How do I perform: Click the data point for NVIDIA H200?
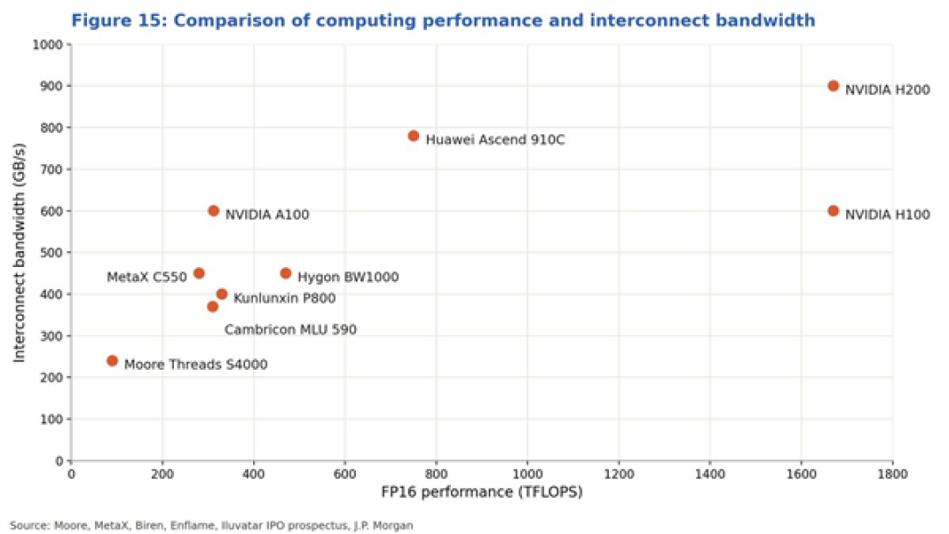833,86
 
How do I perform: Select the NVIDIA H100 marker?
833,211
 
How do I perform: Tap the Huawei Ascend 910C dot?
413,136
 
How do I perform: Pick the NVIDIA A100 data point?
213,211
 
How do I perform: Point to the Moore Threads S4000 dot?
112,361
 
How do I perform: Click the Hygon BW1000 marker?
286,273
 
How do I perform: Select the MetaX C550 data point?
199,273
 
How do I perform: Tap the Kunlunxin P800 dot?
221,294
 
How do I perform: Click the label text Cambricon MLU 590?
291,329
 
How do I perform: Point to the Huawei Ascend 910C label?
495,140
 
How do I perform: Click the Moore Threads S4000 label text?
195,364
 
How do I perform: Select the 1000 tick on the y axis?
47,45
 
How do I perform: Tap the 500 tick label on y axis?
52,253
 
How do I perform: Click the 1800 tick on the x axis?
892,474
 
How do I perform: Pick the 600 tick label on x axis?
345,474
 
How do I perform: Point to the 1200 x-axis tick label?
619,474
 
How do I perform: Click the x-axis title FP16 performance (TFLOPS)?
482,492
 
